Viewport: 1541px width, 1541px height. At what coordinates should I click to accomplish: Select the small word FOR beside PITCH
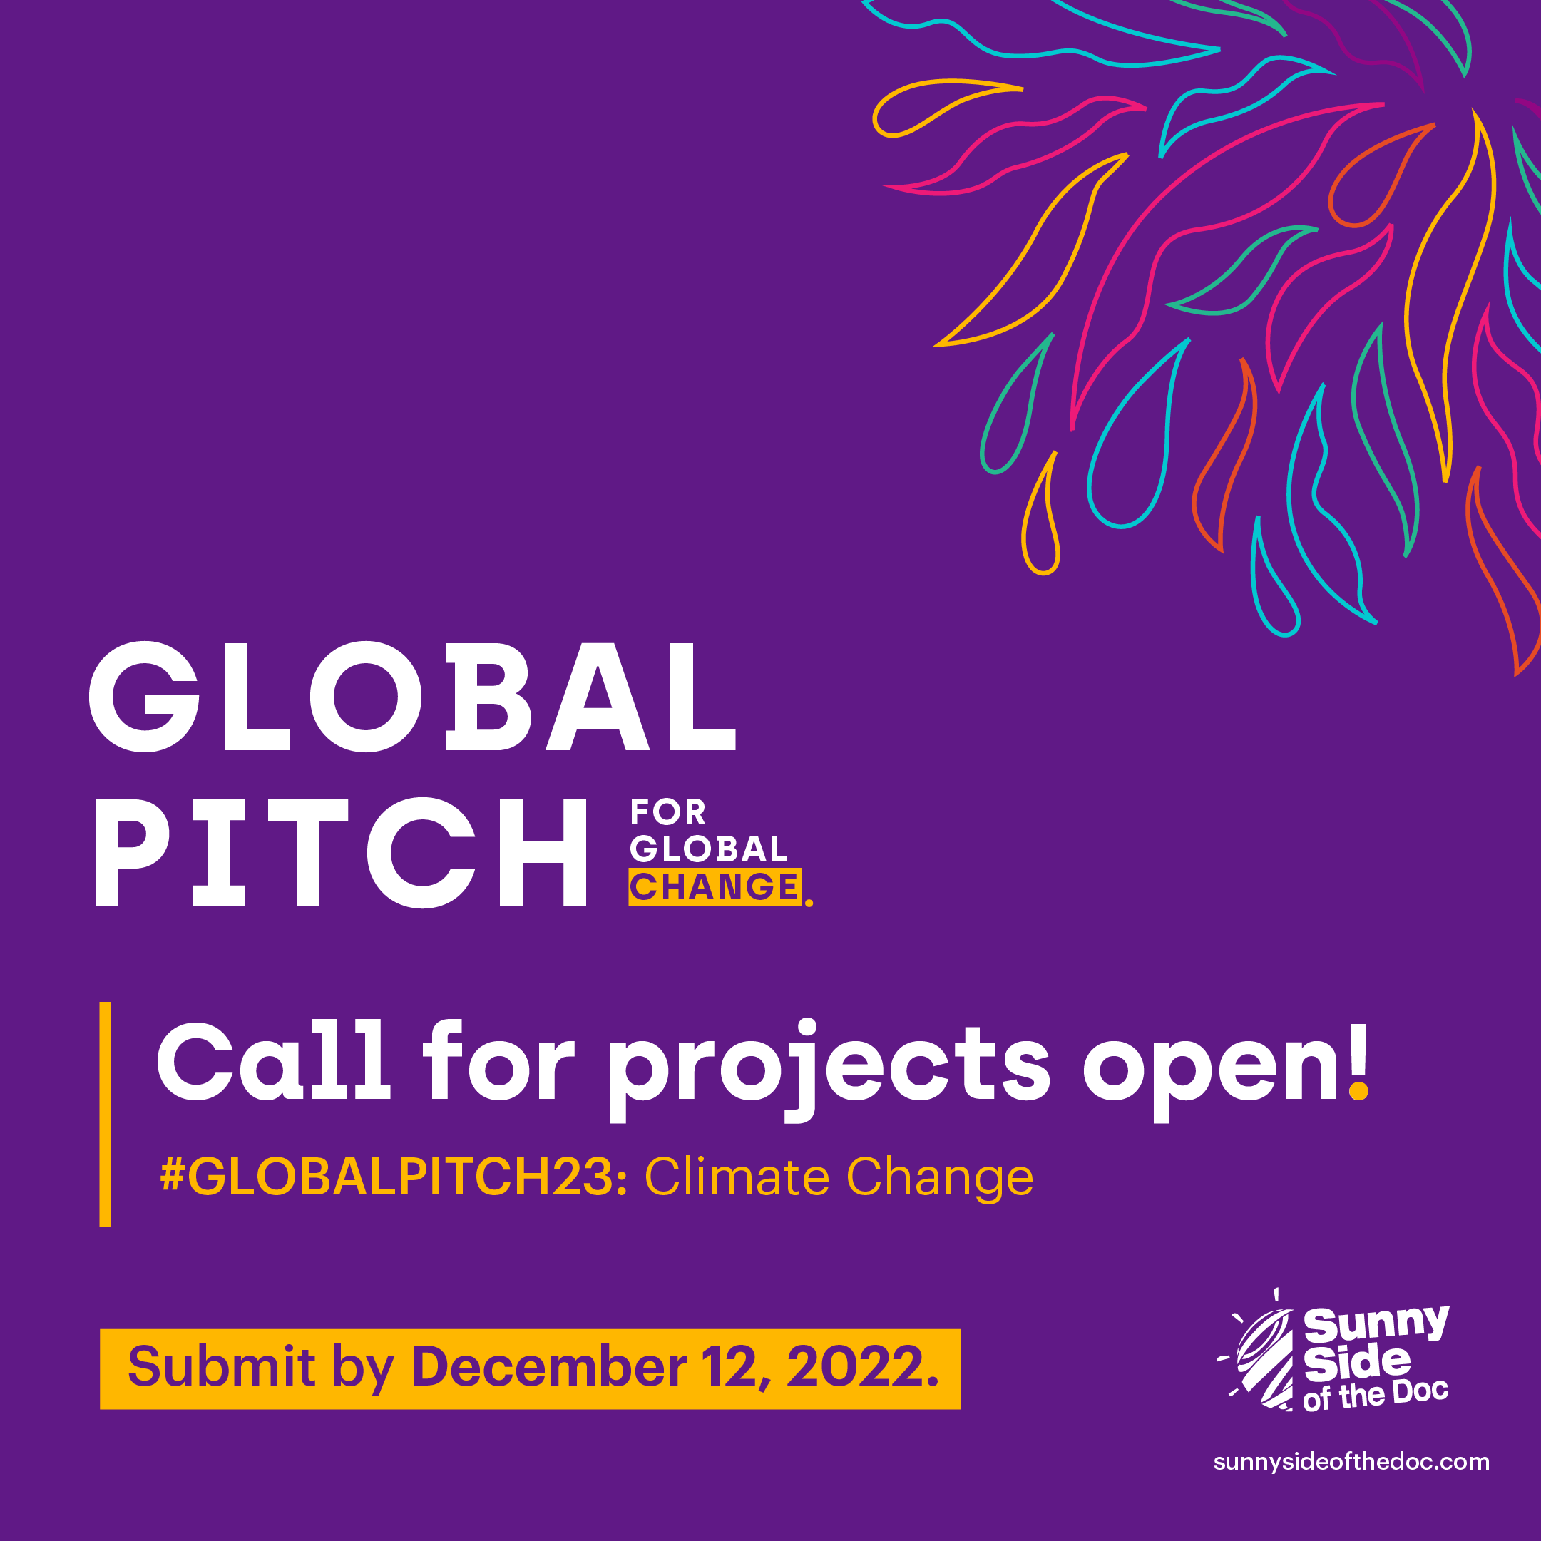tap(667, 813)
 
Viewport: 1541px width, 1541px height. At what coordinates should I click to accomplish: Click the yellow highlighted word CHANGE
tap(715, 887)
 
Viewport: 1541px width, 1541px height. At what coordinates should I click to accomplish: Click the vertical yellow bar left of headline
tap(105, 1113)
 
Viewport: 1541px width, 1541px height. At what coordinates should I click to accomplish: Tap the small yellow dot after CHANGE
tap(809, 903)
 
